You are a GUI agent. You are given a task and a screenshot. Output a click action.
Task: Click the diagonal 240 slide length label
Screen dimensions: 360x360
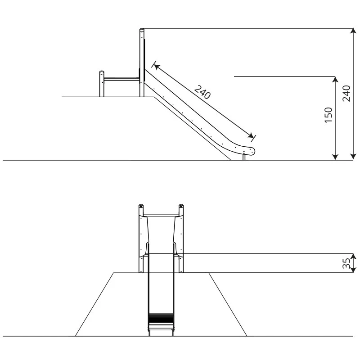(202, 92)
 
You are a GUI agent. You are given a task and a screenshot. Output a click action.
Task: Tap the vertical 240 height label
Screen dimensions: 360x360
(346, 94)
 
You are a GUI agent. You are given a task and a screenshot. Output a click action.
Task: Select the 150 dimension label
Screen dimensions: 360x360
(328, 115)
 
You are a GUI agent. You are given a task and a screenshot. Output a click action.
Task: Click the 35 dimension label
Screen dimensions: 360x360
(346, 263)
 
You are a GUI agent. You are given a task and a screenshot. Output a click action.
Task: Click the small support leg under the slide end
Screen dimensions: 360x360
(244, 157)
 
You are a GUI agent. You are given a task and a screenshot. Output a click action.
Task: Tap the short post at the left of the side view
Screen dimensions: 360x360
(102, 84)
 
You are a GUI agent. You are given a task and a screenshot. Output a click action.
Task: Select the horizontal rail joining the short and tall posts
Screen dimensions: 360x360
(121, 79)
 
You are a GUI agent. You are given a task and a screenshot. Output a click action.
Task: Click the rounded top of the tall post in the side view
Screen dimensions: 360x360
(142, 30)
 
